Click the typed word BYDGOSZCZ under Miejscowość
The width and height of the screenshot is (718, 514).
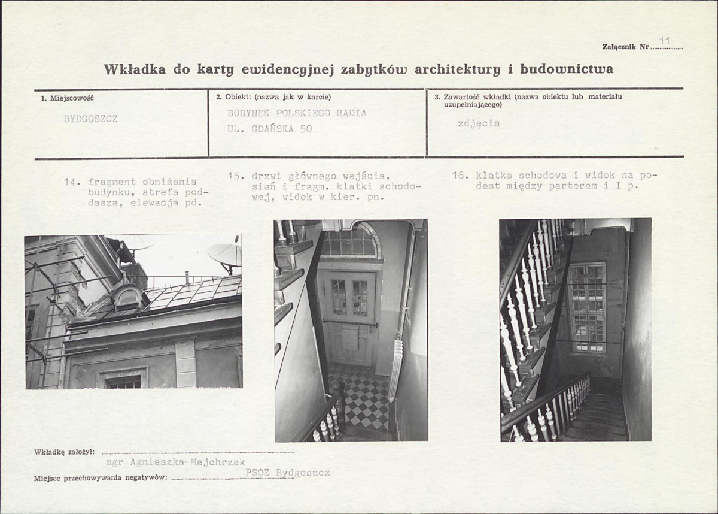pos(91,119)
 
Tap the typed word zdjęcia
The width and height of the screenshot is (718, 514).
pos(479,124)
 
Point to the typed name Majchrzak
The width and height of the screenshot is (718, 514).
pos(218,462)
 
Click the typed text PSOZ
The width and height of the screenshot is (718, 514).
pos(257,473)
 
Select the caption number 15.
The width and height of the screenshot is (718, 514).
pos(236,176)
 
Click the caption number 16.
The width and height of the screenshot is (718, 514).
pos(460,176)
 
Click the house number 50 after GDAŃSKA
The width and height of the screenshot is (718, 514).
pos(306,129)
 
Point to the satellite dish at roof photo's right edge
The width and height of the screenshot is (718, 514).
pos(226,256)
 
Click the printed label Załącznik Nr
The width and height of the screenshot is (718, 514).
pos(626,47)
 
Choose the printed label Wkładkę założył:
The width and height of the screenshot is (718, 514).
pos(64,452)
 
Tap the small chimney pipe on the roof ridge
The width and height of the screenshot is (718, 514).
pos(187,279)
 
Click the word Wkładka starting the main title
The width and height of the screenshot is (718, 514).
pos(135,69)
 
